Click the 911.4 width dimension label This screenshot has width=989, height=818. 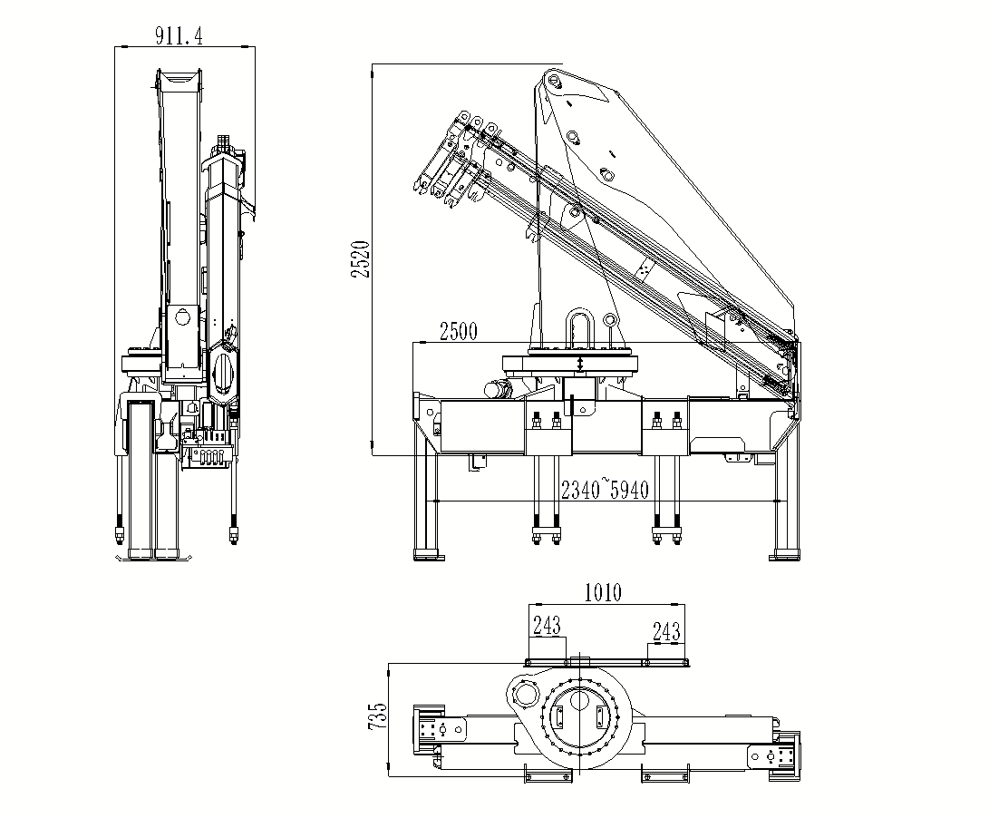pos(179,36)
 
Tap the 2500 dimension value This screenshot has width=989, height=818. pos(458,331)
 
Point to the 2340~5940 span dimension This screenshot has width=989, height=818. pos(605,491)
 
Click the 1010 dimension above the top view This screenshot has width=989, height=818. pos(602,593)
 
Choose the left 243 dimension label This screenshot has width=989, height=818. pos(547,625)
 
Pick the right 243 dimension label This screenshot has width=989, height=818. pos(666,632)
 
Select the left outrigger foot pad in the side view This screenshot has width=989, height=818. pos(427,553)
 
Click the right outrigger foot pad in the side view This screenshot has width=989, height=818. pos(784,553)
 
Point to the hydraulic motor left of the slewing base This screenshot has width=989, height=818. pos(498,389)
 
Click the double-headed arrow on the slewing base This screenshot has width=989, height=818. pos(581,364)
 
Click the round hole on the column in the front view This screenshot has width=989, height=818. pos(184,317)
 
